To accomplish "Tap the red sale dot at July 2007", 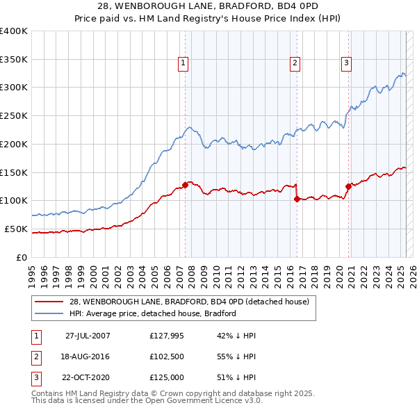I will tap(186, 184).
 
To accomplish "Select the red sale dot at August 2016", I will tap(297, 199).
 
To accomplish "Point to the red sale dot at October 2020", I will tap(348, 186).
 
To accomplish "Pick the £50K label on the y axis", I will tap(16, 229).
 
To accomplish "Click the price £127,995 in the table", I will tap(165, 336).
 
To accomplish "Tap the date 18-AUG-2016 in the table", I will tap(86, 356).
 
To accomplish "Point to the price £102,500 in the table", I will tap(165, 356).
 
